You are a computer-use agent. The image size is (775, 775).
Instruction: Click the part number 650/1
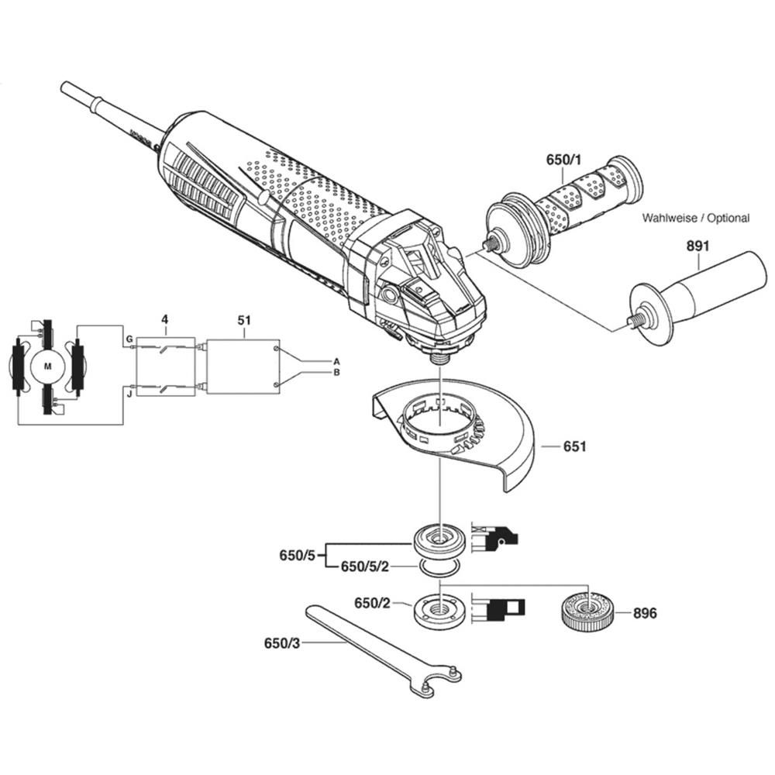[x=564, y=160]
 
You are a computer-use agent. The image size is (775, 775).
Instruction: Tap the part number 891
[x=697, y=246]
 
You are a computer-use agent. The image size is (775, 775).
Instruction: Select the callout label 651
[x=575, y=446]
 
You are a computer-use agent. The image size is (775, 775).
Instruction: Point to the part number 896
[x=646, y=613]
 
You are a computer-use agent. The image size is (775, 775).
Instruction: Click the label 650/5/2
[x=365, y=567]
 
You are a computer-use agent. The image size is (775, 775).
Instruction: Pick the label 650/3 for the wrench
[x=282, y=643]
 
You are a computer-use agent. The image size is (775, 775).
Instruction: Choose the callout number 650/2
[x=372, y=603]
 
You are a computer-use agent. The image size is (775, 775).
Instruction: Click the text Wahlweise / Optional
[x=696, y=218]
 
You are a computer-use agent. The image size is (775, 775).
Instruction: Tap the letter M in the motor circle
[x=47, y=367]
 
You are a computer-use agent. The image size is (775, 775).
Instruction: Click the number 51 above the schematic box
[x=244, y=320]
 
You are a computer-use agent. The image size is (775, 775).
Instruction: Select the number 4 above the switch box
[x=164, y=319]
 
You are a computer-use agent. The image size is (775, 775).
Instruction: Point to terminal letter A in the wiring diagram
[x=336, y=361]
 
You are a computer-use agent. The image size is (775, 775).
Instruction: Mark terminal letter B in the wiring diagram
[x=336, y=372]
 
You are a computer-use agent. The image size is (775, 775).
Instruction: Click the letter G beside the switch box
[x=129, y=339]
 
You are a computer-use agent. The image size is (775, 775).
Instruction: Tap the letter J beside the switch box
[x=129, y=394]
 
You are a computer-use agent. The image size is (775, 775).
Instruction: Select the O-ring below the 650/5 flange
[x=439, y=568]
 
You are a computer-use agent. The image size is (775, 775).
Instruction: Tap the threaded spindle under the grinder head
[x=439, y=356]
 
